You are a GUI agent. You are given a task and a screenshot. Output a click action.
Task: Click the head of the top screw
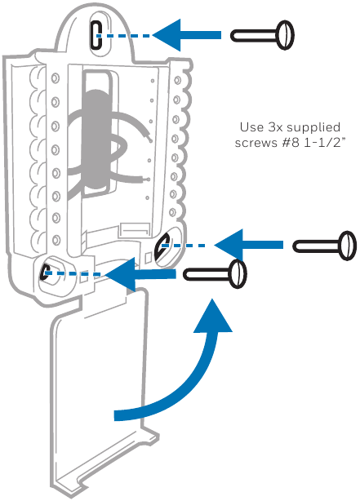click(285, 35)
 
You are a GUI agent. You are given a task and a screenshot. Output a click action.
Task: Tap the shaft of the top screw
click(254, 35)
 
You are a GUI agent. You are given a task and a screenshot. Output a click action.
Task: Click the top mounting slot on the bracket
click(96, 35)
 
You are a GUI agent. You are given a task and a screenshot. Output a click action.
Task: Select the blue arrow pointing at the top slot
click(187, 35)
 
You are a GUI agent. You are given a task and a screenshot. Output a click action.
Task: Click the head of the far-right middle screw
click(348, 246)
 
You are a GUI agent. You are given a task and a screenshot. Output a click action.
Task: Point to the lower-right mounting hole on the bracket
click(162, 246)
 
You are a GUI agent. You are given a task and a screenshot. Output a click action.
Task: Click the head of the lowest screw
click(238, 274)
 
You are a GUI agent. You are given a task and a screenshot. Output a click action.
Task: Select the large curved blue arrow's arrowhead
click(212, 316)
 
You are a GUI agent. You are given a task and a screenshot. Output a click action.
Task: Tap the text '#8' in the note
click(291, 143)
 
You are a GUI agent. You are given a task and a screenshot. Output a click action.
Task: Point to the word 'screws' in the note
click(256, 143)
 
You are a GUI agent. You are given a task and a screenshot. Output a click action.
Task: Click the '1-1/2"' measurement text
click(325, 143)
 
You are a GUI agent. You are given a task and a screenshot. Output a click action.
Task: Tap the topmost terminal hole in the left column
click(56, 78)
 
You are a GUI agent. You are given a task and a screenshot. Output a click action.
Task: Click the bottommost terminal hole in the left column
click(56, 240)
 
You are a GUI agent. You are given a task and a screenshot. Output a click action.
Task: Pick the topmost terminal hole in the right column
click(177, 80)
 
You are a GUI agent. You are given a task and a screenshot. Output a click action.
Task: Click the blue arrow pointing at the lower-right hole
click(248, 245)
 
